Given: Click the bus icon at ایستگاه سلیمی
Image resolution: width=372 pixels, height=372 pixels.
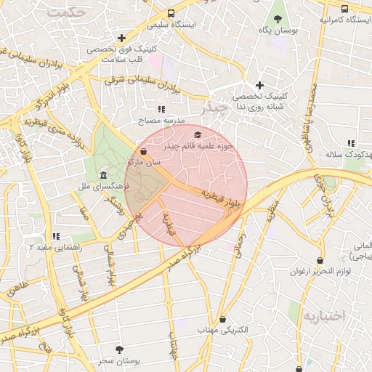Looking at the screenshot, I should point(171,13).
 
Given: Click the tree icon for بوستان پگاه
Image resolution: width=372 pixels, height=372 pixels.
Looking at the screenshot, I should point(278,18).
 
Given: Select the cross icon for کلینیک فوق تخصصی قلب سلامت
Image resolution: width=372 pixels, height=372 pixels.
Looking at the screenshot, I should point(121,38).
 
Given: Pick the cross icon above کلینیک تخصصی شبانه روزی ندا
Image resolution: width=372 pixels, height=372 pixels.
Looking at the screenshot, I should point(259,86).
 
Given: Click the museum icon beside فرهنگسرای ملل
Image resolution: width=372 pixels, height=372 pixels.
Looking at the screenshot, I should point(103,176).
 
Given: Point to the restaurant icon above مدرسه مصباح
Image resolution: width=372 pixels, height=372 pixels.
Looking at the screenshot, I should point(161,109).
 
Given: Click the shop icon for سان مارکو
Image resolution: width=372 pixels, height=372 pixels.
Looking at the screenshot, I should point(143,152).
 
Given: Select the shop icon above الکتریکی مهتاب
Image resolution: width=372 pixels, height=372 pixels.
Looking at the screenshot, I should point(222,319).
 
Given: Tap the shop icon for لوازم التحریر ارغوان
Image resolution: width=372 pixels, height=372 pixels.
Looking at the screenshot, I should point(320,260).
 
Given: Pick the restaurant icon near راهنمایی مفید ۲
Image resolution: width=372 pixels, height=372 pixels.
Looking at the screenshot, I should point(56,236).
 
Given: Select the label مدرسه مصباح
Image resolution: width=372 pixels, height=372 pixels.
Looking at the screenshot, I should point(165,119).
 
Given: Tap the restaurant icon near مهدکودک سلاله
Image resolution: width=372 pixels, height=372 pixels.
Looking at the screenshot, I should point(351,143).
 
